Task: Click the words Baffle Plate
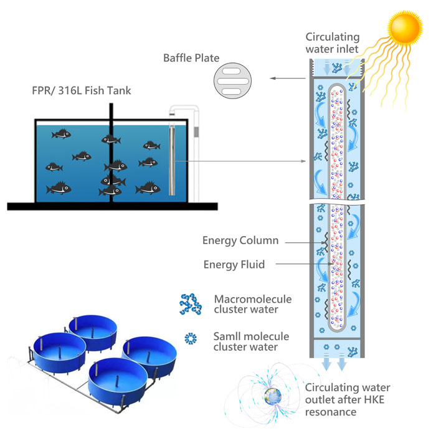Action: coord(191,58)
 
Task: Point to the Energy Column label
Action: coord(240,240)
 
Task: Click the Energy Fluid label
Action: coord(234,265)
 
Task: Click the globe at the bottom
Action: coord(272,395)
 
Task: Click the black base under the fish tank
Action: coord(112,206)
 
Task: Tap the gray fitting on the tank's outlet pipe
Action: coord(196,132)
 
